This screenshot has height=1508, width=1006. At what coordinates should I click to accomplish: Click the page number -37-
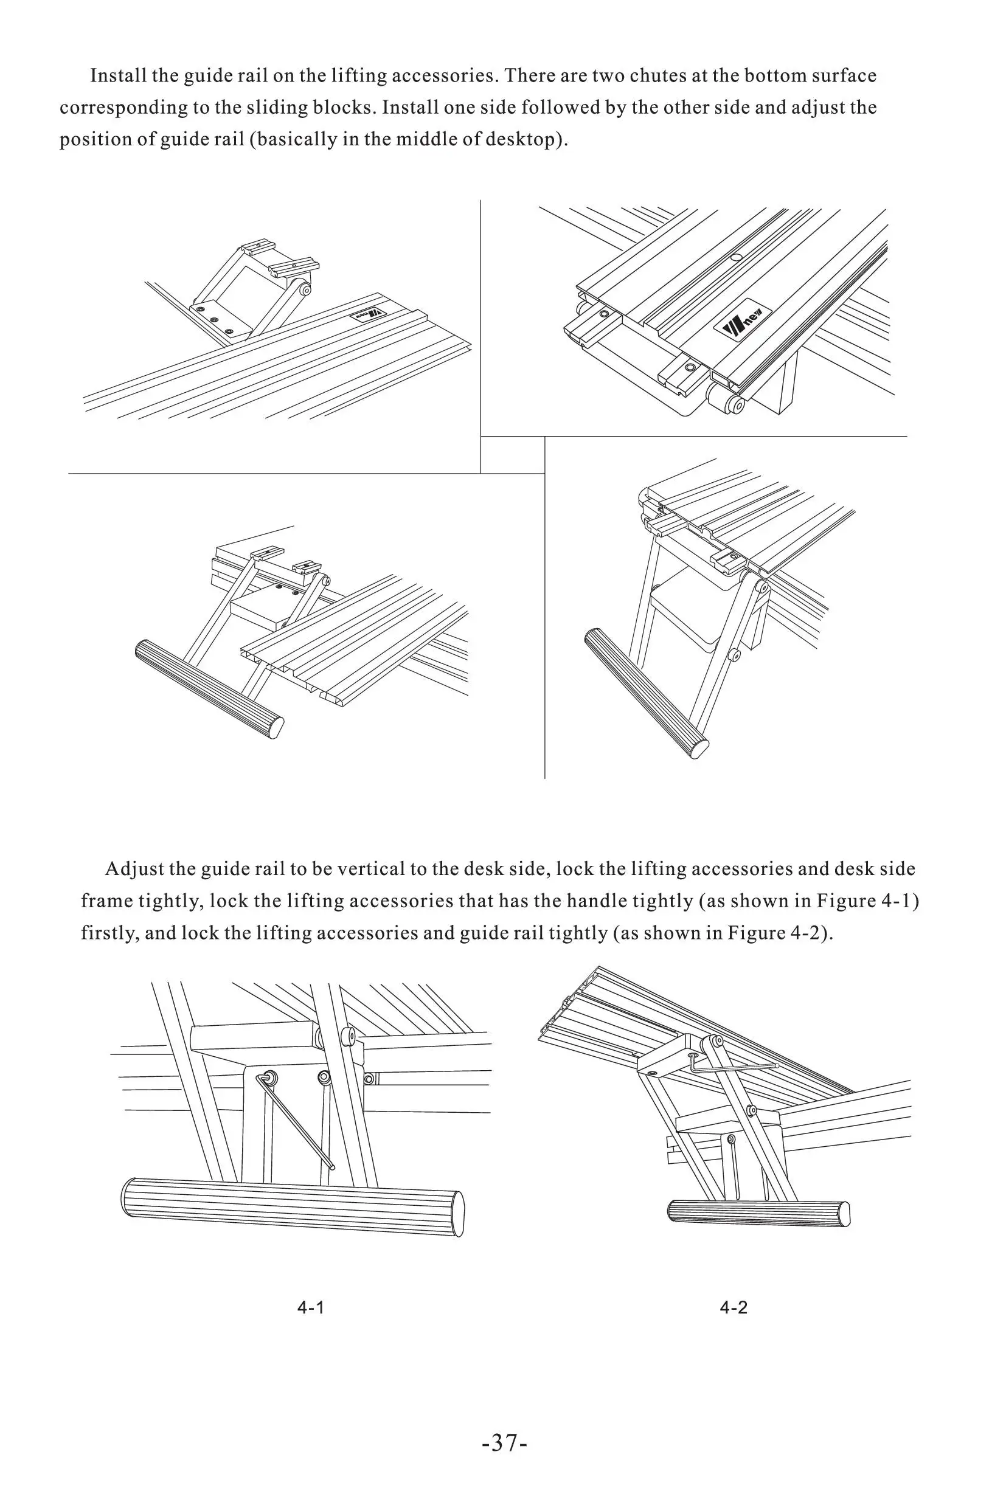click(504, 1442)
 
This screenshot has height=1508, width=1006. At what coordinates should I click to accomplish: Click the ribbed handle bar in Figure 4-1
click(292, 1206)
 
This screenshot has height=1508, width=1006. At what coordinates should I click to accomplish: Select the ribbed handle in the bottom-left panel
click(209, 690)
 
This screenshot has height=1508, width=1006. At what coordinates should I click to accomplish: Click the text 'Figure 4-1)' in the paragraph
click(867, 901)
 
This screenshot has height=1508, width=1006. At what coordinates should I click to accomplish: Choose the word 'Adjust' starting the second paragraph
click(133, 869)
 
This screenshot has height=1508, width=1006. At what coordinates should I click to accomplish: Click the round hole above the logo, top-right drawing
click(736, 258)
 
